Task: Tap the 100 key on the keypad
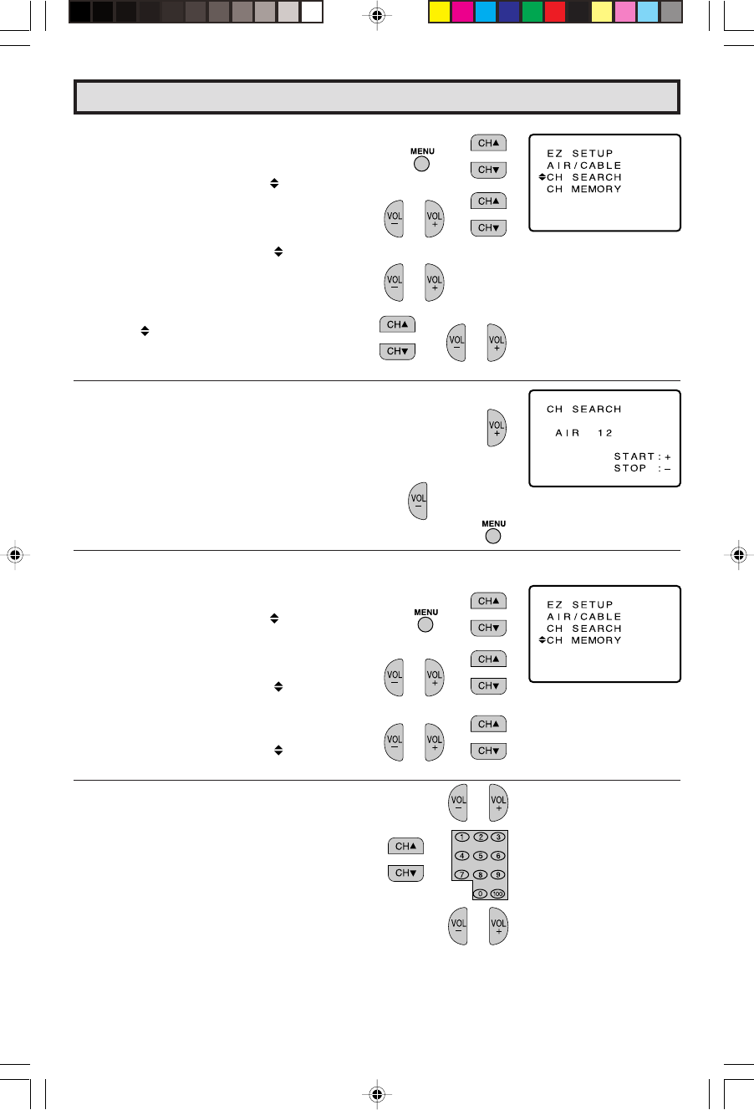[497, 894]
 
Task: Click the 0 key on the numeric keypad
[480, 894]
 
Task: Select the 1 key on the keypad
[461, 837]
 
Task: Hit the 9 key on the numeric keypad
[497, 874]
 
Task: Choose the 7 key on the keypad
[461, 874]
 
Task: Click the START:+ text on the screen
[642, 456]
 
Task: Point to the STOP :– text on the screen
[642, 468]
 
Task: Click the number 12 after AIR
[605, 433]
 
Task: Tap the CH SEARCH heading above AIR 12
[583, 410]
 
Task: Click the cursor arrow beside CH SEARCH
[542, 177]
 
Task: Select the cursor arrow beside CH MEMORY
[542, 640]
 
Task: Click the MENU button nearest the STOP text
[493, 536]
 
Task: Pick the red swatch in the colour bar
[554, 12]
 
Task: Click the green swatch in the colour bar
[532, 12]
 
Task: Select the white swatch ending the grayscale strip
[312, 12]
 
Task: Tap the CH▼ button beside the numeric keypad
[405, 873]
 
